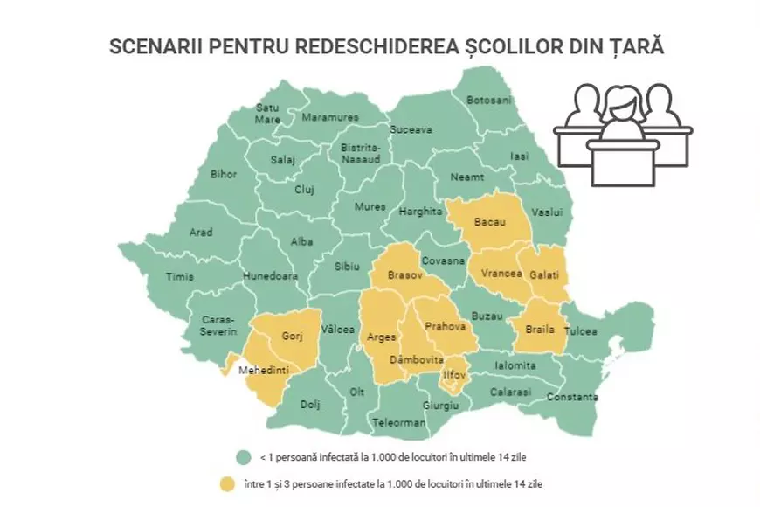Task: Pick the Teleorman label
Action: (x=398, y=422)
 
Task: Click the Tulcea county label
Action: (x=581, y=331)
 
